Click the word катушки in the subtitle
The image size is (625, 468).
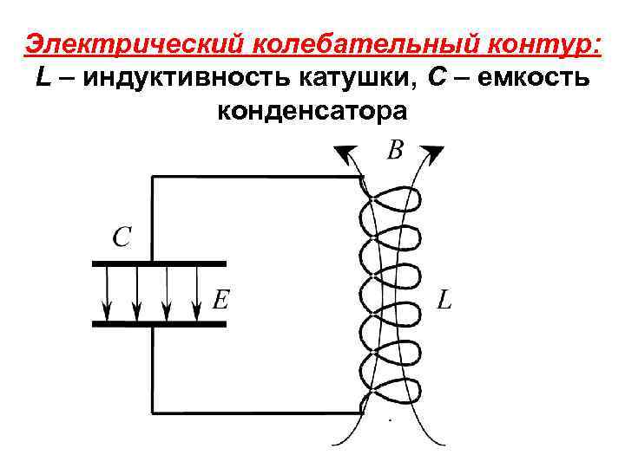(x=357, y=78)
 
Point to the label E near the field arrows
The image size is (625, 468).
(x=221, y=300)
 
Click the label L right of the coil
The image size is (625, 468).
(x=444, y=301)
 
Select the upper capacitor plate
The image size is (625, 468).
(x=159, y=263)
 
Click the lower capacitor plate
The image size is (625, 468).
(x=159, y=323)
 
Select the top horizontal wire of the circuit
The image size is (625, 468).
(x=256, y=177)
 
